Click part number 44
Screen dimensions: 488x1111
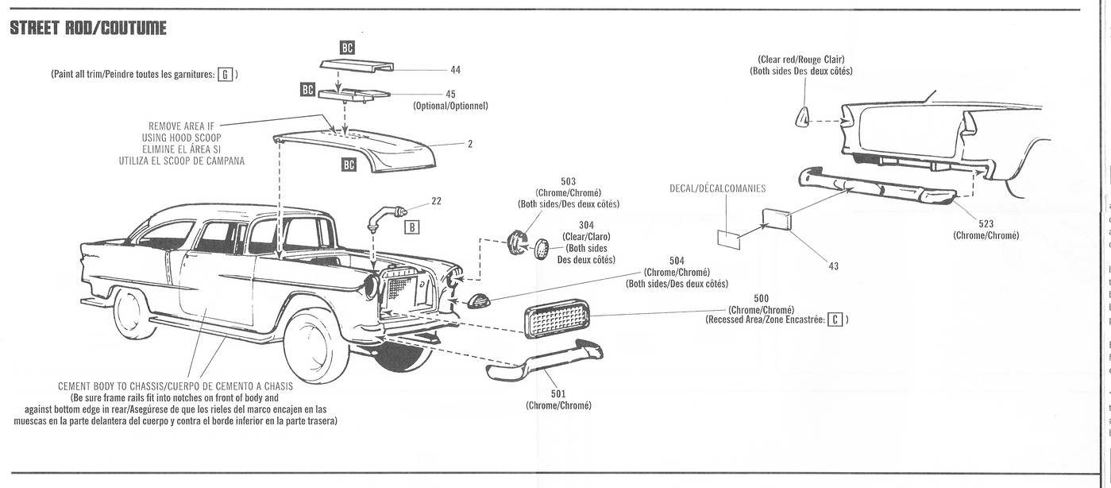455,70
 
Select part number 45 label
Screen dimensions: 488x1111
450,94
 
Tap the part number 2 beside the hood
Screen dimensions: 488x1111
470,144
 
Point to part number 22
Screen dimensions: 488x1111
436,201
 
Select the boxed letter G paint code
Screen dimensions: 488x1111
225,74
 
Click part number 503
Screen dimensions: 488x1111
568,182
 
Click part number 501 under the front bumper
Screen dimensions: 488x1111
558,393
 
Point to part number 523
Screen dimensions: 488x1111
986,224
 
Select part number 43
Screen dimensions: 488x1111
833,265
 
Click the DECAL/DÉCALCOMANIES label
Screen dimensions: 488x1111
718,188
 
